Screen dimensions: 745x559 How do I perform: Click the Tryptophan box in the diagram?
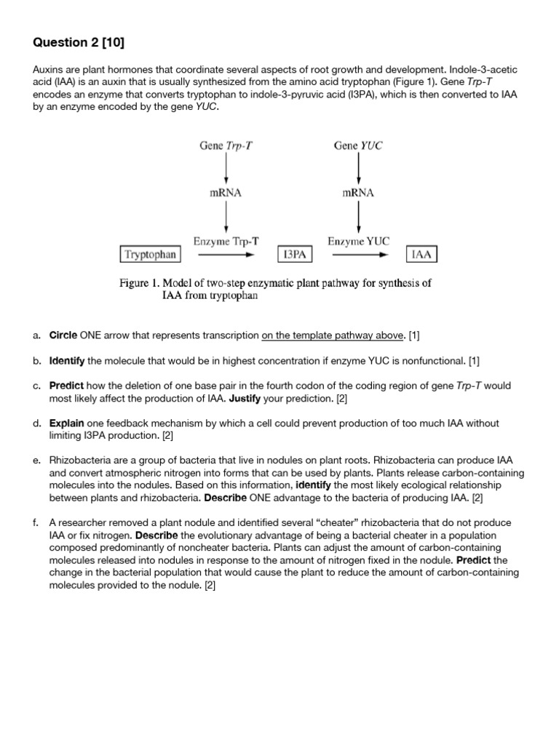(x=150, y=255)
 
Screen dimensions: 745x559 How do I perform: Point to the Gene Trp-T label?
(x=226, y=146)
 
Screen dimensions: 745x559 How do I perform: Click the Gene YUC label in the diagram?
(x=358, y=146)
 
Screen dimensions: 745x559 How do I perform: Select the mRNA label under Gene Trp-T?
(x=226, y=193)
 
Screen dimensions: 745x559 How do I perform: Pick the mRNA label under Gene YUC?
(x=358, y=193)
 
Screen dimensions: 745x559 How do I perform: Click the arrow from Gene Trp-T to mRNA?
(x=226, y=169)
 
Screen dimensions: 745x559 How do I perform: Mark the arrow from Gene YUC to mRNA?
(x=358, y=169)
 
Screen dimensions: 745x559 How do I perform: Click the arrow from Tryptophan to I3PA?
(x=226, y=255)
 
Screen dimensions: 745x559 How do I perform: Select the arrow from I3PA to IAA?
(x=358, y=255)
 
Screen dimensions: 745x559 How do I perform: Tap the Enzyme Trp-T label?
(x=226, y=241)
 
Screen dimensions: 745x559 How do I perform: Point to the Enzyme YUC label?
(x=358, y=241)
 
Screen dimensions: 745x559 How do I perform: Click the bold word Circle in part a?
(x=63, y=335)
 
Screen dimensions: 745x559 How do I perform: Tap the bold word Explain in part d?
(x=67, y=423)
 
